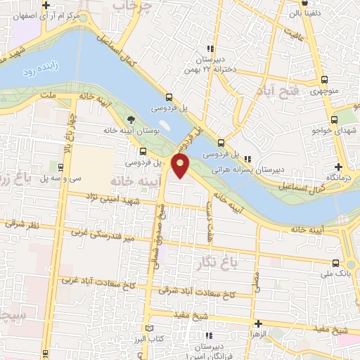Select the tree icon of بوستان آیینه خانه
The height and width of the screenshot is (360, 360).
(x=130, y=120)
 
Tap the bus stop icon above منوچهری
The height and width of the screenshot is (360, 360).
(x=323, y=79)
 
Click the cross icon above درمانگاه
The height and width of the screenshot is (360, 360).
(x=339, y=167)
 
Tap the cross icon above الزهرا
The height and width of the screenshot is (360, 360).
(x=259, y=324)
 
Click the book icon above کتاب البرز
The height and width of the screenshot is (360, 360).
(x=148, y=328)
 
